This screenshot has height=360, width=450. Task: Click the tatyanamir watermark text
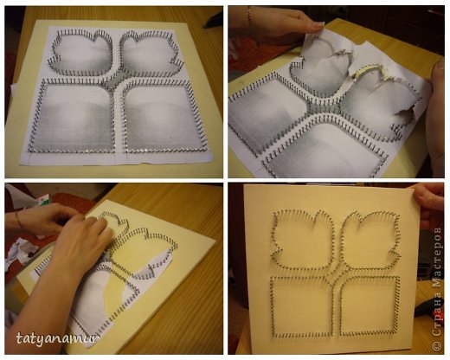57,338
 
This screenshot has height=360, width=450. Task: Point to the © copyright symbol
437,345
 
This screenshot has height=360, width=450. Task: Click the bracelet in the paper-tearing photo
249,17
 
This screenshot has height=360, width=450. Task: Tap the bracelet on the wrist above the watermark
18,220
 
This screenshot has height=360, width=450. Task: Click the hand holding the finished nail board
429,206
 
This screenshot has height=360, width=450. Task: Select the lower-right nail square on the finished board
370,305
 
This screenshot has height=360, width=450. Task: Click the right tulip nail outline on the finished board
371,240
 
